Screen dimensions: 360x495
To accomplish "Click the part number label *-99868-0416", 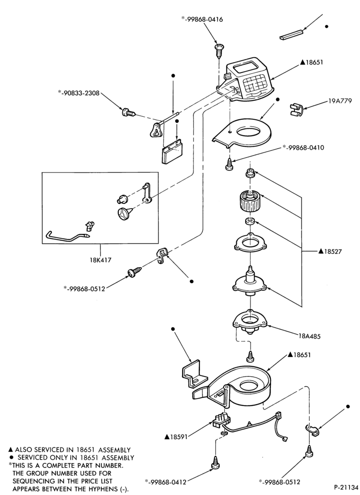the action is pyautogui.click(x=202, y=19).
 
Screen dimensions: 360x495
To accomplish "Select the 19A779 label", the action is pyautogui.click(x=340, y=101).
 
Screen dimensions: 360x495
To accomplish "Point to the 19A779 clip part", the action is pyautogui.click(x=295, y=109).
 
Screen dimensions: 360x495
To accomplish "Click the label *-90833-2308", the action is pyautogui.click(x=79, y=93).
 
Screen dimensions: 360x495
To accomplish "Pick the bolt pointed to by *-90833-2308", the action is pyautogui.click(x=128, y=112).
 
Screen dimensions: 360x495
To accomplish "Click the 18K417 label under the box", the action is pyautogui.click(x=100, y=260).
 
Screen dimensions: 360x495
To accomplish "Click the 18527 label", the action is pyautogui.click(x=330, y=251).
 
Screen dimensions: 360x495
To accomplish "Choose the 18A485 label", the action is pyautogui.click(x=309, y=336).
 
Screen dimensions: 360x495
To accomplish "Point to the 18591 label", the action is pyautogui.click(x=176, y=436).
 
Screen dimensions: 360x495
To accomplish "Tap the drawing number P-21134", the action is pyautogui.click(x=346, y=487).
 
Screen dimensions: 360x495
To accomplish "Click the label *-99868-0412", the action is pyautogui.click(x=166, y=482).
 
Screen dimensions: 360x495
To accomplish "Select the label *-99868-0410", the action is pyautogui.click(x=303, y=148).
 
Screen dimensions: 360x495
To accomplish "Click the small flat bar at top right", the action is pyautogui.click(x=291, y=34).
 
